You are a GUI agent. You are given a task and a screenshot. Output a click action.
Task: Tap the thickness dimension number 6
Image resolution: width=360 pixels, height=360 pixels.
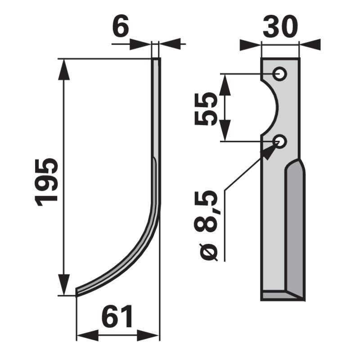tap(121, 27)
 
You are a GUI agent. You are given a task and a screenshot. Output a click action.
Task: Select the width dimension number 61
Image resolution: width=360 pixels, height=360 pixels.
tap(117, 316)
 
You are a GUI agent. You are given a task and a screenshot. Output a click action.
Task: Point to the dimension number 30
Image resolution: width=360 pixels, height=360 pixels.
tap(280, 27)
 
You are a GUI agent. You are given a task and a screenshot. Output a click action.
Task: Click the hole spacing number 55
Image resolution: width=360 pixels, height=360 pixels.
tap(206, 109)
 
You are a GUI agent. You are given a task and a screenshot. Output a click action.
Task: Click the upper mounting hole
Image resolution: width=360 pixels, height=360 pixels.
tap(279, 74)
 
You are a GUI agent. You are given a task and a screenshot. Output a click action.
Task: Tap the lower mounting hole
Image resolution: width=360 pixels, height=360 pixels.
tap(279, 141)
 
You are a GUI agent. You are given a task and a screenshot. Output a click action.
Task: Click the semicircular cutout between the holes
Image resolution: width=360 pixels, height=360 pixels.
tap(275, 108)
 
